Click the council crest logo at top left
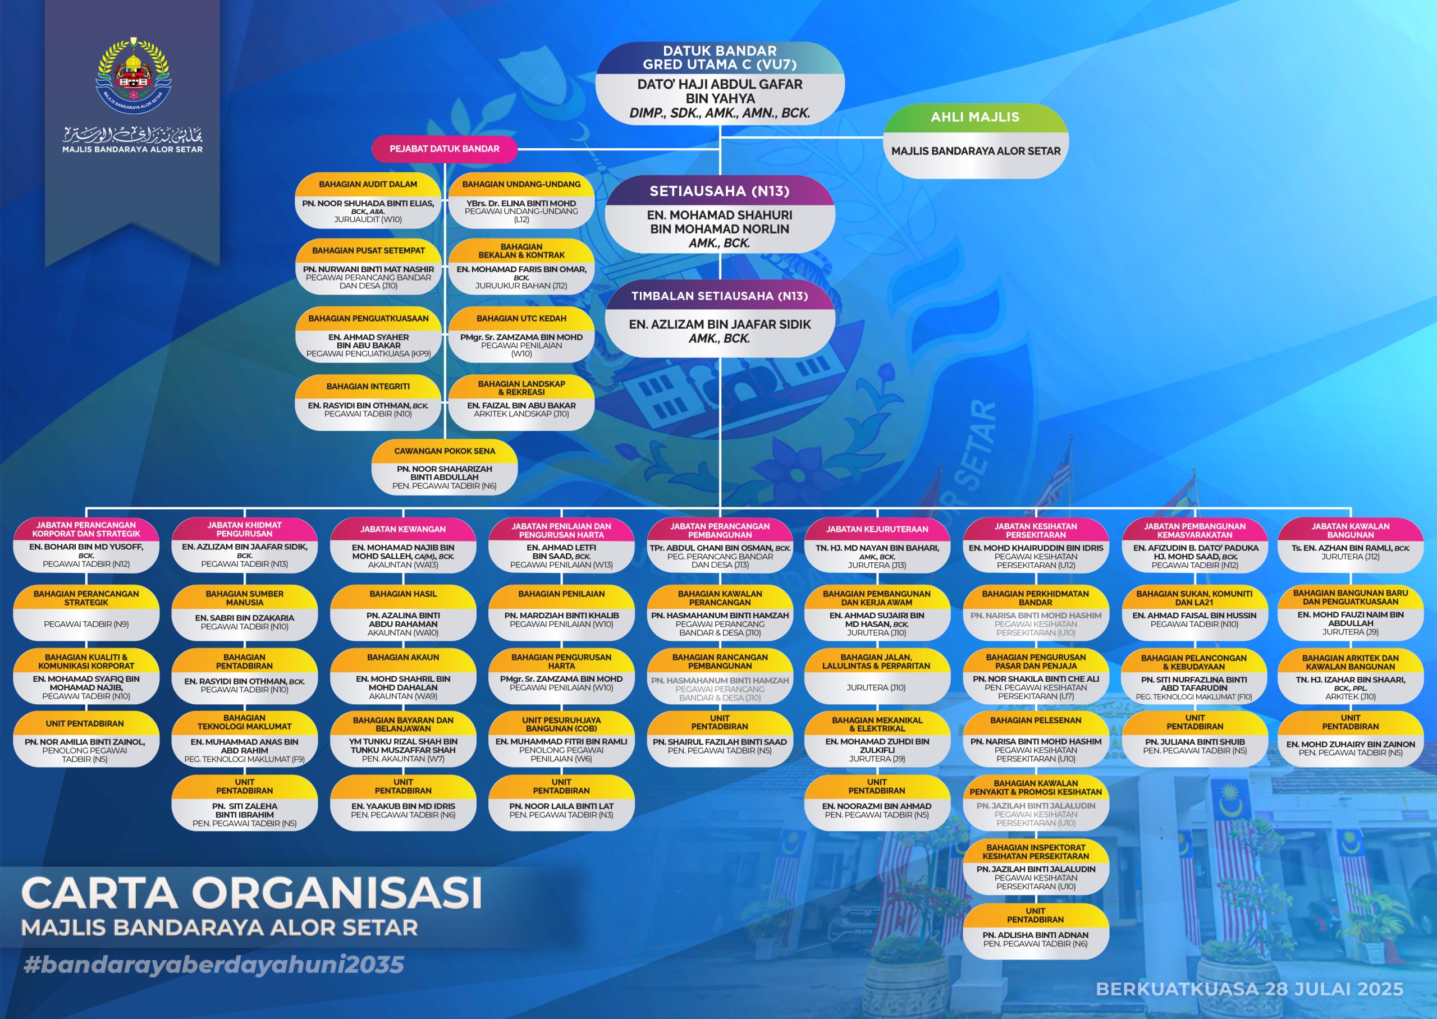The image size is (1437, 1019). pos(132,75)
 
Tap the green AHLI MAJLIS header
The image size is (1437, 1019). pos(975,117)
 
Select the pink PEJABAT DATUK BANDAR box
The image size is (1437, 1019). pos(444,149)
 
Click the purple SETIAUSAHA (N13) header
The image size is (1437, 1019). pos(719,191)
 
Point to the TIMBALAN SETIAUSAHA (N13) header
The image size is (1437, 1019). pos(719,296)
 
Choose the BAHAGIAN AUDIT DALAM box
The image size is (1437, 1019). pos(368,200)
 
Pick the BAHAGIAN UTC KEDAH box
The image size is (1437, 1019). pos(521,334)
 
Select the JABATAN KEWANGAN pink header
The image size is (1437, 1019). pos(403,529)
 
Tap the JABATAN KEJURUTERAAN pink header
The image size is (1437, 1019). pos(877,529)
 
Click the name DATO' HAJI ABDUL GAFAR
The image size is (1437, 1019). pos(720,84)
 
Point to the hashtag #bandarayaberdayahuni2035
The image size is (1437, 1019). pos(213,965)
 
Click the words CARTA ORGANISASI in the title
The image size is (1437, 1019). pos(251,892)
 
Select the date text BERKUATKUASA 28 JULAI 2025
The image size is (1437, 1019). pos(1250,989)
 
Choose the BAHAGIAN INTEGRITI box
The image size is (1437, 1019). pos(368,402)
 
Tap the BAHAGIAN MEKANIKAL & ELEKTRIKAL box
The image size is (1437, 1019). pos(877,739)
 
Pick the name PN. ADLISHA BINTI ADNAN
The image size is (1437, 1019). pos(1036,935)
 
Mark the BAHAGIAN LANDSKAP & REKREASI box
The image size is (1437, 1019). pos(521,402)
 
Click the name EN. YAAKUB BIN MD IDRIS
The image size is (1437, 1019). pos(403,806)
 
